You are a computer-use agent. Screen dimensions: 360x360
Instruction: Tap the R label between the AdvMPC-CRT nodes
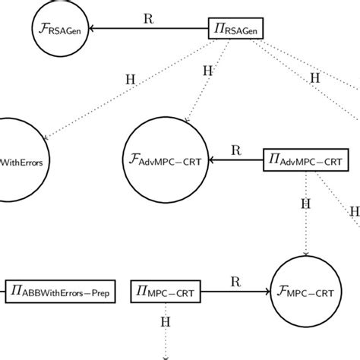coord(235,150)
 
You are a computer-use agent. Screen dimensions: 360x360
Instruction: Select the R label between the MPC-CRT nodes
coord(235,280)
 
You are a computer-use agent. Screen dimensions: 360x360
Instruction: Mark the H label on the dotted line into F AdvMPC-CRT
coord(207,71)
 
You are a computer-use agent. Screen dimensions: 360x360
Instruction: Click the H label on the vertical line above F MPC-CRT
coord(306,204)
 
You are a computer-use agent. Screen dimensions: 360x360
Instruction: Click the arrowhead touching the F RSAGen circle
coord(96,30)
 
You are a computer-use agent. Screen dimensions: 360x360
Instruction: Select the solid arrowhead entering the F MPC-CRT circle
coord(267,291)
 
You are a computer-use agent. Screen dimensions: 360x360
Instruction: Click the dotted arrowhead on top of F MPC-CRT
coord(306,253)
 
